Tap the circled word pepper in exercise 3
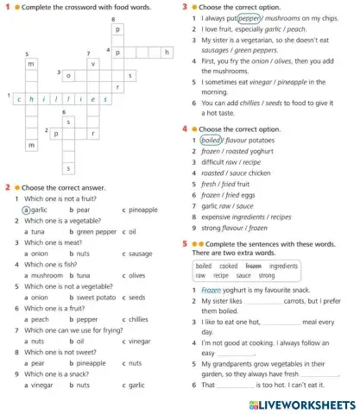(x=249, y=17)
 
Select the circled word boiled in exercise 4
(x=210, y=140)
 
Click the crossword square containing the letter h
(x=167, y=52)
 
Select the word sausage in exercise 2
(x=139, y=254)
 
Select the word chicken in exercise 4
(x=262, y=172)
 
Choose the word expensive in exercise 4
(x=218, y=217)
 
